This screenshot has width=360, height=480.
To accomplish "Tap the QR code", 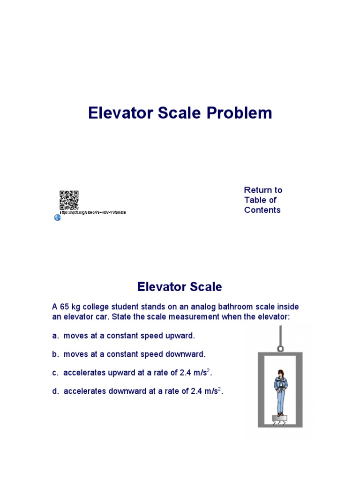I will pyautogui.click(x=68, y=200).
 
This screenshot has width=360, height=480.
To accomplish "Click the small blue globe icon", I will pyautogui.click(x=57, y=217).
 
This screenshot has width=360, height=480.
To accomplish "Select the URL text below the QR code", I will pyautogui.click(x=93, y=212).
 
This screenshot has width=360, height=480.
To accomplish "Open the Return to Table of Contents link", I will pyautogui.click(x=262, y=200).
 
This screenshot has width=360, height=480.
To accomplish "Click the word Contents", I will pyautogui.click(x=262, y=210).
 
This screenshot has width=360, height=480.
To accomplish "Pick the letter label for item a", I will pyautogui.click(x=54, y=336).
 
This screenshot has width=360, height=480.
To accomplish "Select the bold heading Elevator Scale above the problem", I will pyautogui.click(x=180, y=286).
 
